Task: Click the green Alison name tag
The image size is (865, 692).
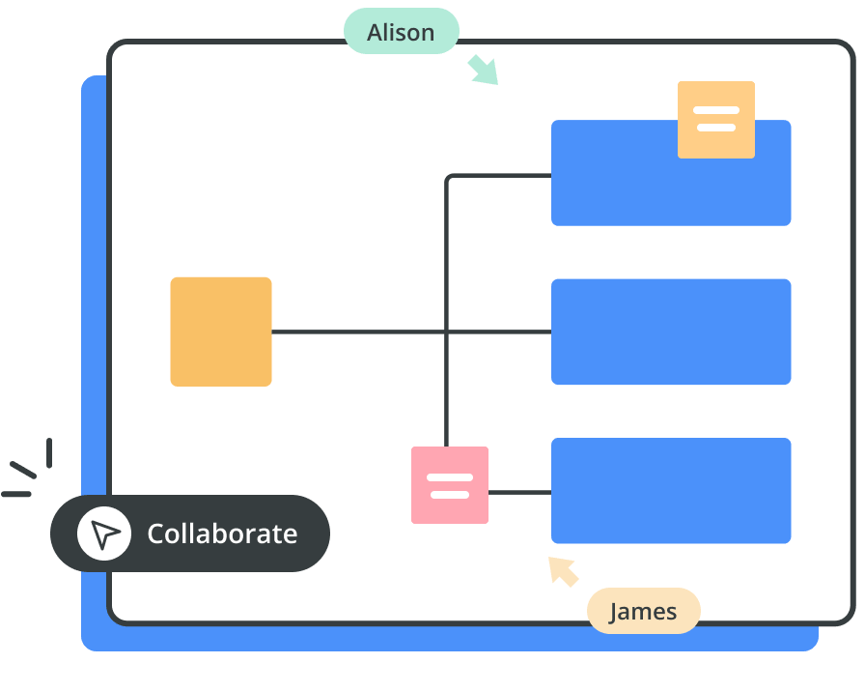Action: pyautogui.click(x=401, y=32)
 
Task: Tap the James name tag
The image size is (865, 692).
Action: pyautogui.click(x=643, y=611)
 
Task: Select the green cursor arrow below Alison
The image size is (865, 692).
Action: pyautogui.click(x=483, y=71)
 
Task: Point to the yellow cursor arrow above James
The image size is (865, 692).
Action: pyautogui.click(x=564, y=571)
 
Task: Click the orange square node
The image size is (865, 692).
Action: pyautogui.click(x=221, y=332)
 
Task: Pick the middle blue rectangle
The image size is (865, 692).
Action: pyautogui.click(x=671, y=332)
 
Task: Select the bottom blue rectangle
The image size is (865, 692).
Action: pyautogui.click(x=671, y=490)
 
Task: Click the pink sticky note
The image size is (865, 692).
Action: pyautogui.click(x=450, y=485)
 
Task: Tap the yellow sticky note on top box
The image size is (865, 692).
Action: pyautogui.click(x=716, y=119)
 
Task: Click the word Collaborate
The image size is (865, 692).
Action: pyautogui.click(x=222, y=533)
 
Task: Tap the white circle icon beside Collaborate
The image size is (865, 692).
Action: pyautogui.click(x=104, y=533)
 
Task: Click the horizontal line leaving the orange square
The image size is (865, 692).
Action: pyautogui.click(x=357, y=332)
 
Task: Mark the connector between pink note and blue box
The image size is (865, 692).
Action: pyautogui.click(x=519, y=492)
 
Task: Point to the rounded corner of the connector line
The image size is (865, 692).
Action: pyautogui.click(x=450, y=180)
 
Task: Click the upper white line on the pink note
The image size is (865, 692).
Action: pyautogui.click(x=450, y=477)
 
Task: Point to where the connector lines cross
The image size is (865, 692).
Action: pyautogui.click(x=446, y=332)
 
